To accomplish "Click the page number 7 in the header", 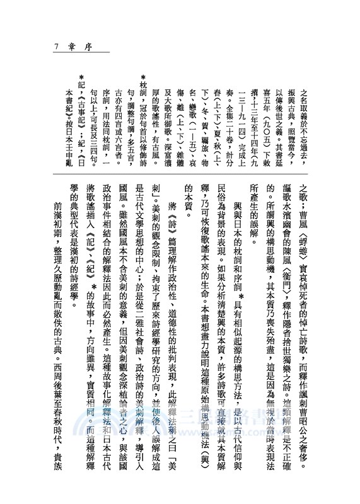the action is tap(57, 46).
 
